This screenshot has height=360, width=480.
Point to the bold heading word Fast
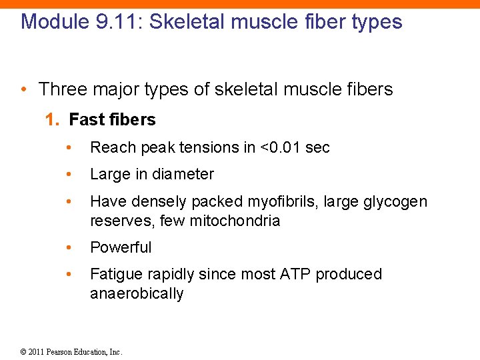click(x=83, y=120)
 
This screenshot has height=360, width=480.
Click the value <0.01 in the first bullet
click(x=280, y=147)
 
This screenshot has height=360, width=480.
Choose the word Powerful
click(x=121, y=247)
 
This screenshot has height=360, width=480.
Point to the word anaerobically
click(x=137, y=294)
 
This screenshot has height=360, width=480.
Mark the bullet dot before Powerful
click(x=69, y=247)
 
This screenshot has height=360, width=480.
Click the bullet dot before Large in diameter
click(x=69, y=175)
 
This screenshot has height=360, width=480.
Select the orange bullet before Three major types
click(x=24, y=89)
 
